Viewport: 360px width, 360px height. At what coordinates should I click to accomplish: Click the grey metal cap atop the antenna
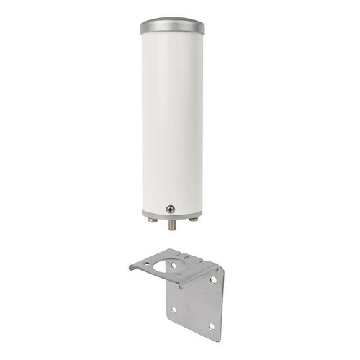pyautogui.click(x=172, y=26)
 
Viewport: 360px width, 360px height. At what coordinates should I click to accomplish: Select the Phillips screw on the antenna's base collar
pyautogui.click(x=170, y=209)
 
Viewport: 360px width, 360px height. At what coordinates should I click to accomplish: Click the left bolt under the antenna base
pyautogui.click(x=153, y=220)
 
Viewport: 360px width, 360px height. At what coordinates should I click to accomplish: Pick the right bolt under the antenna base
pyautogui.click(x=193, y=220)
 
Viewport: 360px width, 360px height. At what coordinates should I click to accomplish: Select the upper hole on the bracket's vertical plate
pyautogui.click(x=213, y=279)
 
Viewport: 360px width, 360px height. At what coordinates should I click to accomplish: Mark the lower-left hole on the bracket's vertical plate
pyautogui.click(x=174, y=310)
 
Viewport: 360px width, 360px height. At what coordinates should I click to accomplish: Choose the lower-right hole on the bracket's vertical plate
pyautogui.click(x=211, y=325)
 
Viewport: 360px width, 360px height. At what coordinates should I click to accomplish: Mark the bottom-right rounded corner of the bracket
pyautogui.click(x=218, y=337)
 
